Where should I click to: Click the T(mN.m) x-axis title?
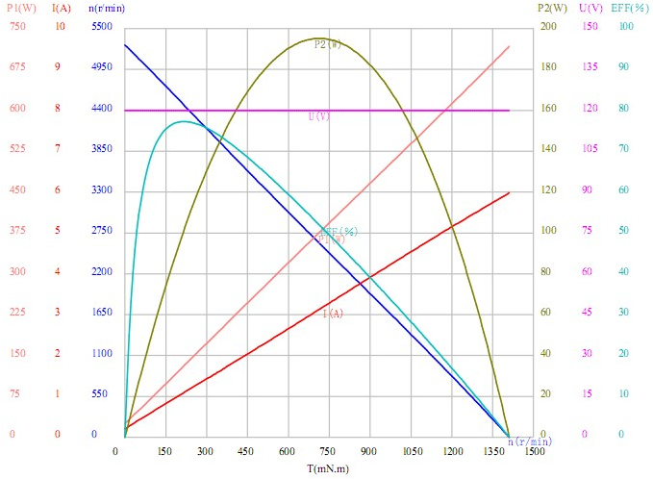tap(328, 467)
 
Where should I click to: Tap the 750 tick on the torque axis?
tap(328, 451)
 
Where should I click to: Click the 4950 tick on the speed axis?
tap(102, 67)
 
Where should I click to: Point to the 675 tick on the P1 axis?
tap(17, 67)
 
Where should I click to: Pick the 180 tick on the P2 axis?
tap(548, 67)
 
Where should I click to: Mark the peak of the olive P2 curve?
tap(317, 38)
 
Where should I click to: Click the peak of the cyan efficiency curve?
tap(185, 121)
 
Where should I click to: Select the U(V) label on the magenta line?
tap(318, 115)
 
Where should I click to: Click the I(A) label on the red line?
tap(333, 314)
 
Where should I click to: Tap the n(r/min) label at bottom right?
tap(530, 441)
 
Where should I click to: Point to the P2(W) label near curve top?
tap(328, 45)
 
